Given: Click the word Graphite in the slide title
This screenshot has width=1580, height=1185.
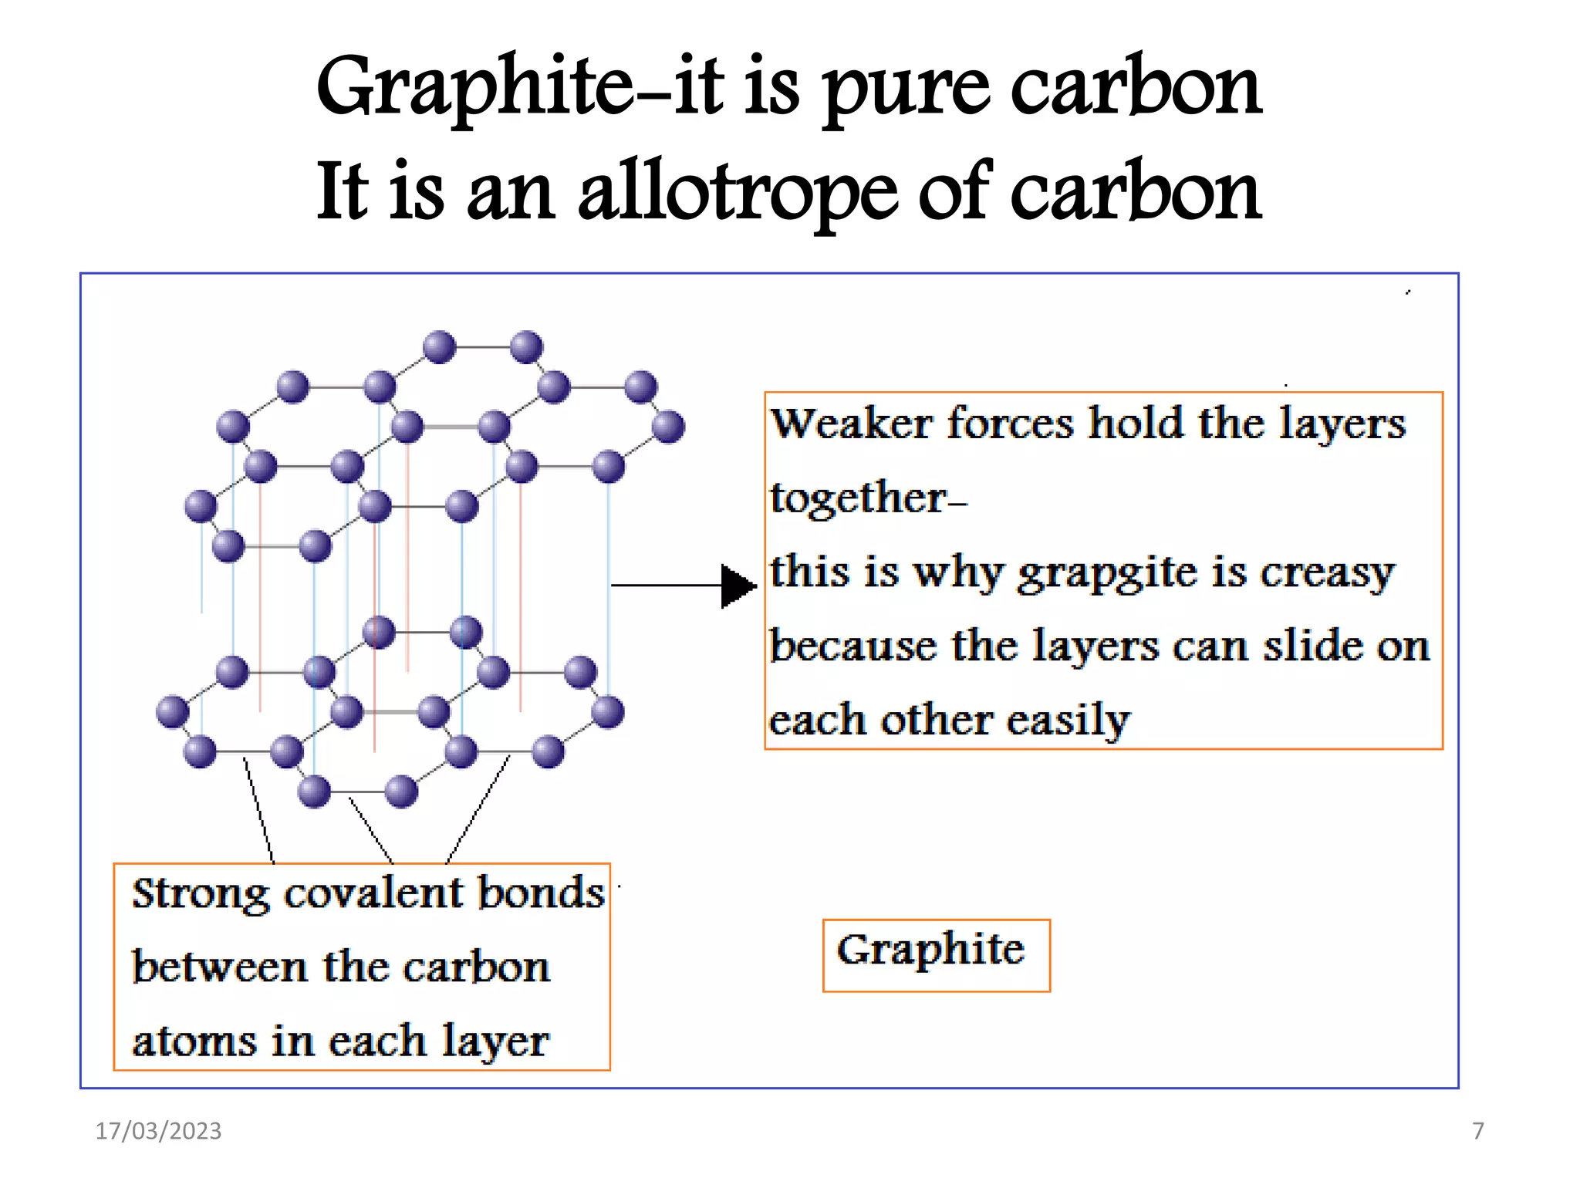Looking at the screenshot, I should (474, 88).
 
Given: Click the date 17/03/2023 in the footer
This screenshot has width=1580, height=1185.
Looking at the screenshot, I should (158, 1130).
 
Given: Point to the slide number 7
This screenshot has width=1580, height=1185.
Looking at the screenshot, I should (1477, 1130).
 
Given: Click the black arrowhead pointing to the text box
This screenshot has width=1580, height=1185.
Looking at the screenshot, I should (738, 586).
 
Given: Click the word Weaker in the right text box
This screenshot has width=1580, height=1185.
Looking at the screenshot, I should (852, 424).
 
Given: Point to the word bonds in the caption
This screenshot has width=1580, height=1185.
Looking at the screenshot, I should (541, 893).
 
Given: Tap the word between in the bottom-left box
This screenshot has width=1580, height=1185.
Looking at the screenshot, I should (218, 967).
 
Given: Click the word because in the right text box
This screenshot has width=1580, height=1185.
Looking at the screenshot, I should (852, 646).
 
